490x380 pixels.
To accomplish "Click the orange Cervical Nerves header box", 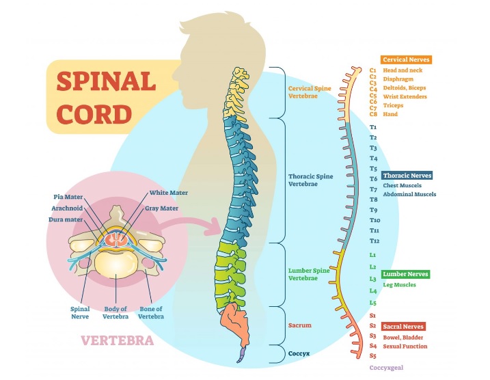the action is (406, 59).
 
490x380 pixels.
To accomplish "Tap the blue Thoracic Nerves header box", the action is (407, 176).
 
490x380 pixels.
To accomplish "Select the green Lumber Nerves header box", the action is (405, 274).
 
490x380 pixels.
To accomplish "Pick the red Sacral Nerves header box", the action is (403, 327).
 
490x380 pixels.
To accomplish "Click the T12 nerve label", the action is (375, 241).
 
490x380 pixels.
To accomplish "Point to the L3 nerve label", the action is (373, 279).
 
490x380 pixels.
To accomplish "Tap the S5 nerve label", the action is (373, 355).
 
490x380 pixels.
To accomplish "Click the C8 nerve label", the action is (373, 114).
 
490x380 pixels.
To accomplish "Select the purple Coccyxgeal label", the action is (386, 368).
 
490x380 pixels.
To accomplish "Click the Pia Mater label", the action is (68, 197).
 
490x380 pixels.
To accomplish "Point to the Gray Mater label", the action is (161, 208).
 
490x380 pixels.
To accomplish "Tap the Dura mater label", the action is (66, 219).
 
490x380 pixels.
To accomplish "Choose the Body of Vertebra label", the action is (115, 312).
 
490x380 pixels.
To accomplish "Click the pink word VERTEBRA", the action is (118, 340).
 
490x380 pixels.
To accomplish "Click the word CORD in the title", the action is (94, 114).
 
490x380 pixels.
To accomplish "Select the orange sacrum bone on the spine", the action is (234, 323).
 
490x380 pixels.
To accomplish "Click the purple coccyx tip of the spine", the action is (241, 355).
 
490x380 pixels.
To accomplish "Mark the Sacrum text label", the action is (300, 325).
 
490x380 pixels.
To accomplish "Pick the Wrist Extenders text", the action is (405, 96).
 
